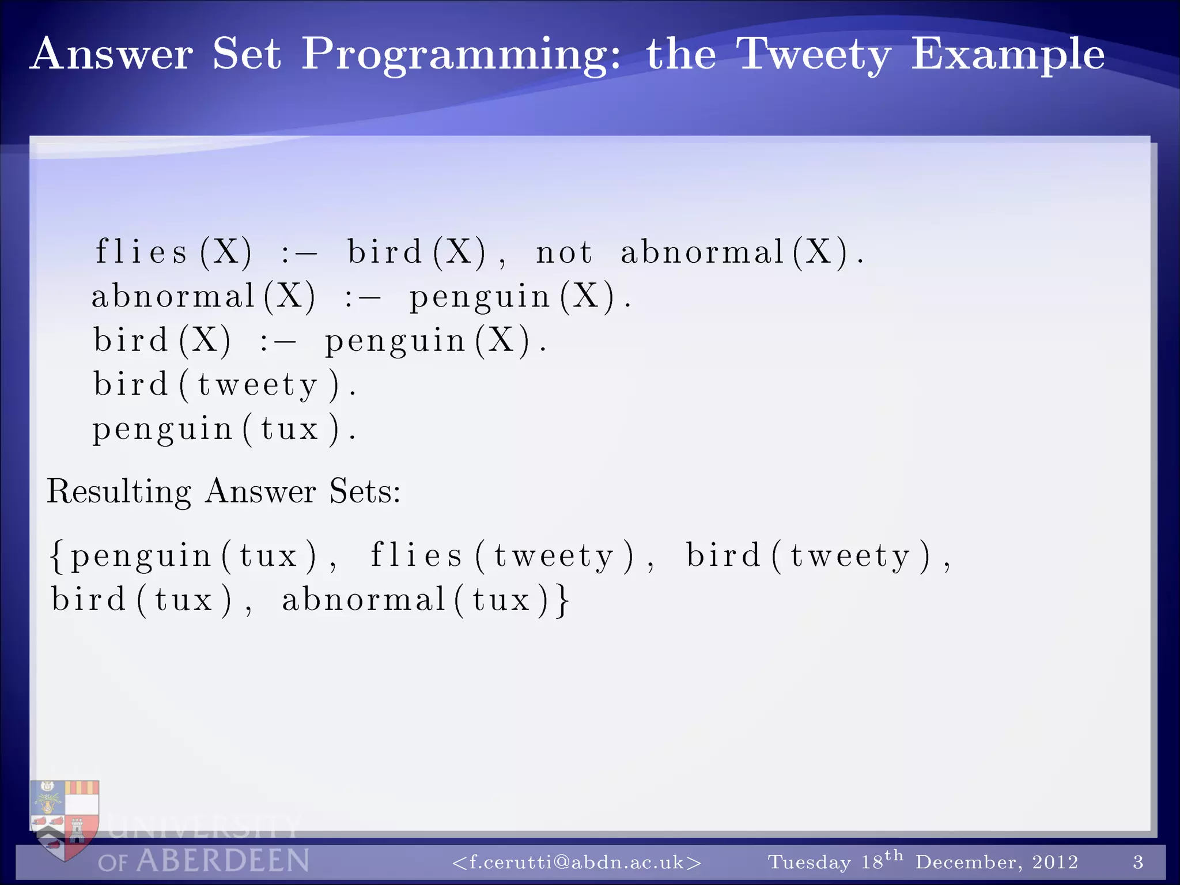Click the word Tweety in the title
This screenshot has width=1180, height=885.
click(x=814, y=55)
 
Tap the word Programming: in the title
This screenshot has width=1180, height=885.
click(x=461, y=55)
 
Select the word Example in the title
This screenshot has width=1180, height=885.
click(x=1007, y=55)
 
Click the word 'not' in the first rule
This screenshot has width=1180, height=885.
click(x=563, y=252)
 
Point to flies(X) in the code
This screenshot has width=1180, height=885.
click(x=173, y=252)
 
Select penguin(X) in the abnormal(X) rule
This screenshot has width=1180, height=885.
click(x=513, y=297)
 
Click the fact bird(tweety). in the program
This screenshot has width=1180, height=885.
click(x=225, y=384)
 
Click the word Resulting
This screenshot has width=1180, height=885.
click(x=119, y=491)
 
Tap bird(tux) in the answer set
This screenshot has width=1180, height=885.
click(x=142, y=600)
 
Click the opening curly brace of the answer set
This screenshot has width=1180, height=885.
click(x=56, y=556)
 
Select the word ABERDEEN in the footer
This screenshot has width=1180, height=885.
click(x=222, y=861)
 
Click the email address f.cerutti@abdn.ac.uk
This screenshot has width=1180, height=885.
click(x=577, y=862)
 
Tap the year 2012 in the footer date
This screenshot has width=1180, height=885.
click(x=1055, y=862)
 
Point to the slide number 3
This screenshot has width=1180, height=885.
click(x=1138, y=862)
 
